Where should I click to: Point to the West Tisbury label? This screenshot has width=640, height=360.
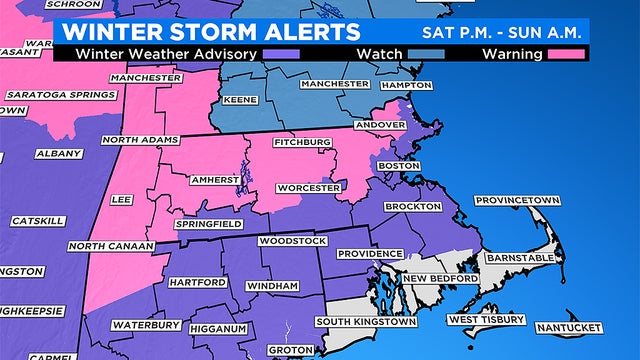485,319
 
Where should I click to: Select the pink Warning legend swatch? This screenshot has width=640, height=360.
562,54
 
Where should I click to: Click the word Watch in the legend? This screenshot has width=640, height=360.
380,54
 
